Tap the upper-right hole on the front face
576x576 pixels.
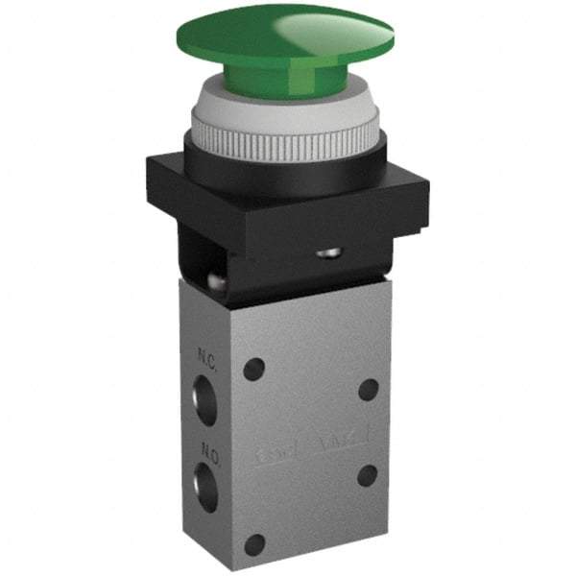[x=367, y=389]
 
